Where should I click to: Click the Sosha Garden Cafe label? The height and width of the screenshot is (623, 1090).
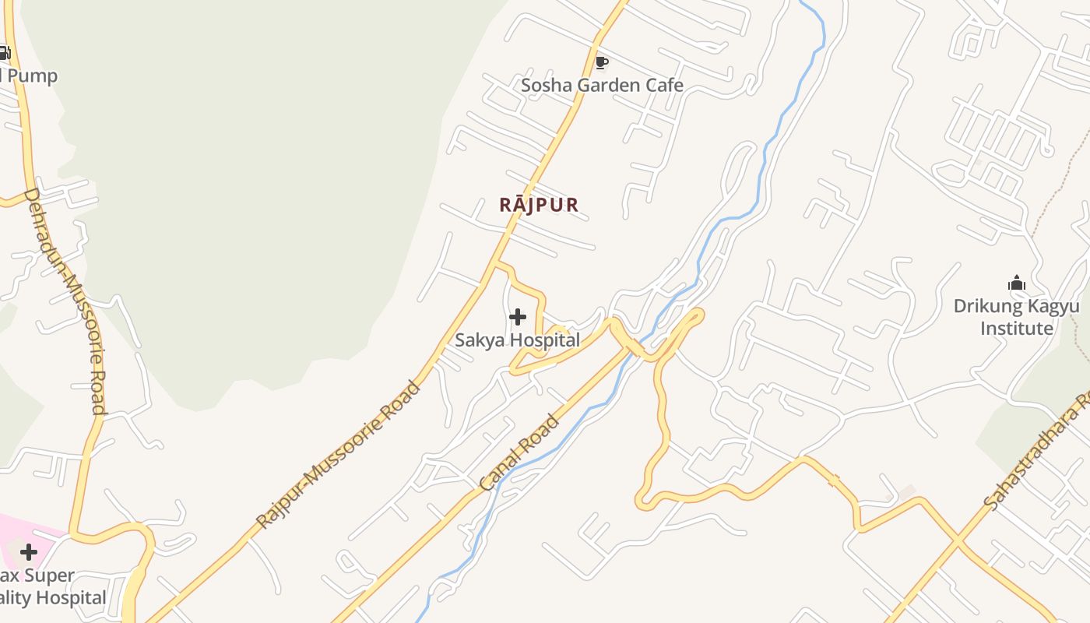click(602, 85)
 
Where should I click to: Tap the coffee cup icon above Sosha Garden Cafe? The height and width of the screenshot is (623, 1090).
click(600, 62)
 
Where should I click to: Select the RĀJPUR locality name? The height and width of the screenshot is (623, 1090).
click(539, 205)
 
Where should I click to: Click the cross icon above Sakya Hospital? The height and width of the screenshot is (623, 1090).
click(517, 317)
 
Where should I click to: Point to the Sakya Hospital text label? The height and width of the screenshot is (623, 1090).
click(517, 340)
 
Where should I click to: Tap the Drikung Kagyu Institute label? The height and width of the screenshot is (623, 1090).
click(1016, 317)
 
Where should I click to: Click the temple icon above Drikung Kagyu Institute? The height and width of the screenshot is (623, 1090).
click(1016, 283)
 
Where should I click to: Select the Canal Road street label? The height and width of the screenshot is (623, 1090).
click(519, 453)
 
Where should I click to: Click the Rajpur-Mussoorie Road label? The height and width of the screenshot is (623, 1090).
click(338, 454)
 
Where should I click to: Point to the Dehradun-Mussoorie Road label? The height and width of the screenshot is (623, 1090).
click(65, 300)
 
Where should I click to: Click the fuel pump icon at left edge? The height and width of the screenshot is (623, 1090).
click(4, 53)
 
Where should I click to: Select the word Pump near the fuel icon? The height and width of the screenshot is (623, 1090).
click(31, 76)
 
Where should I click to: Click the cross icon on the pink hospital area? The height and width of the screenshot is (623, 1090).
click(29, 552)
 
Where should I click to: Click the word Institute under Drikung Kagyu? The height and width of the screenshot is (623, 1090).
click(1016, 329)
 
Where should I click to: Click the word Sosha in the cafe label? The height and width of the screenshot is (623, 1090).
click(545, 85)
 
